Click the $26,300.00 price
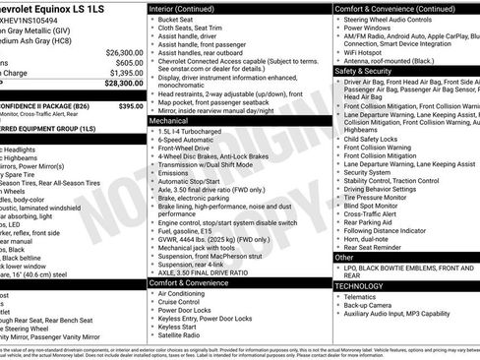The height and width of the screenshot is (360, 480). point(124,51)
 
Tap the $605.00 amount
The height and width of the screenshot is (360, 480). point(128,62)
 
